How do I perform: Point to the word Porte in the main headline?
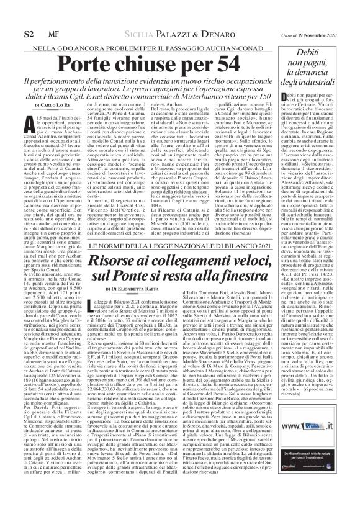(88, 66)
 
